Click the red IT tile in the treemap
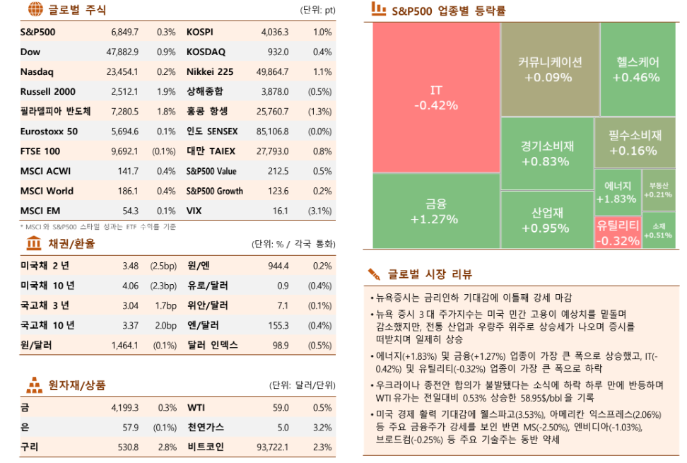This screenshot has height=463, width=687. coord(435,98)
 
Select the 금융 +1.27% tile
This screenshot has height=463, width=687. coord(435,211)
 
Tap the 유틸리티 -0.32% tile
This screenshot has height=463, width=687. coord(618,233)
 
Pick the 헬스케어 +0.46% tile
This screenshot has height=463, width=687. coord(636,69)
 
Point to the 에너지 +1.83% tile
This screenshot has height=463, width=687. coord(616,192)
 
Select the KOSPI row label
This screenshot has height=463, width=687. coord(200,33)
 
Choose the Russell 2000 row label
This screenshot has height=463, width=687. coord(47,92)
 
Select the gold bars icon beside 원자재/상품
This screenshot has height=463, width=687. coord(34,385)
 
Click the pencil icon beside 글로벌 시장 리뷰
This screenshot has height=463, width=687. coord(374,274)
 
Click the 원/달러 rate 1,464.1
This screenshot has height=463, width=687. coord(124,346)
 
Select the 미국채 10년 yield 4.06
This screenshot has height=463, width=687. coord(129,286)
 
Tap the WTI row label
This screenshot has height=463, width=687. coord(196,408)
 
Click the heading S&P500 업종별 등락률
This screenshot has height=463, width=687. coord(448,11)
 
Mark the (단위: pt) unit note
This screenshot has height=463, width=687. coord(317,10)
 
